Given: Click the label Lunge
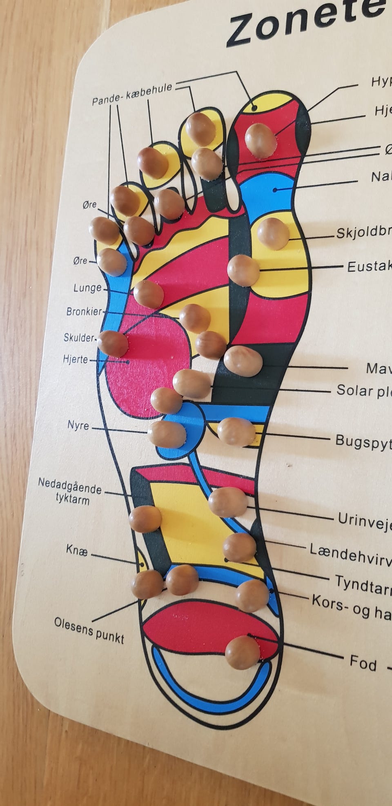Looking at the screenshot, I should (x=87, y=288).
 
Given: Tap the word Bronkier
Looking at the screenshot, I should (x=84, y=312).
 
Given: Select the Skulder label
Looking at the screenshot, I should (x=79, y=337).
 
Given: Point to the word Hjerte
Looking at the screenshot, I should (x=76, y=360).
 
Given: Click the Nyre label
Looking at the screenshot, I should (x=78, y=425).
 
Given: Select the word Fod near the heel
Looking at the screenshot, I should (x=363, y=663).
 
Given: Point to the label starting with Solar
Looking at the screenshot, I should (x=363, y=391).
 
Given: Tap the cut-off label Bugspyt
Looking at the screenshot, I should (x=363, y=442).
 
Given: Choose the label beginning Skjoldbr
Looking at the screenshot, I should (x=363, y=233).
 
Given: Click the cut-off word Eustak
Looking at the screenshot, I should (x=369, y=266).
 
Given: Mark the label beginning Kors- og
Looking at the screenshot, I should (x=351, y=607).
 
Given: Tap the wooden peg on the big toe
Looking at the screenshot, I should (x=260, y=140).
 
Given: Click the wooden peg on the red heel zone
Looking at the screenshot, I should (x=243, y=653).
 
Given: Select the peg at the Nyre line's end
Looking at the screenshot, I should (x=167, y=433).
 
